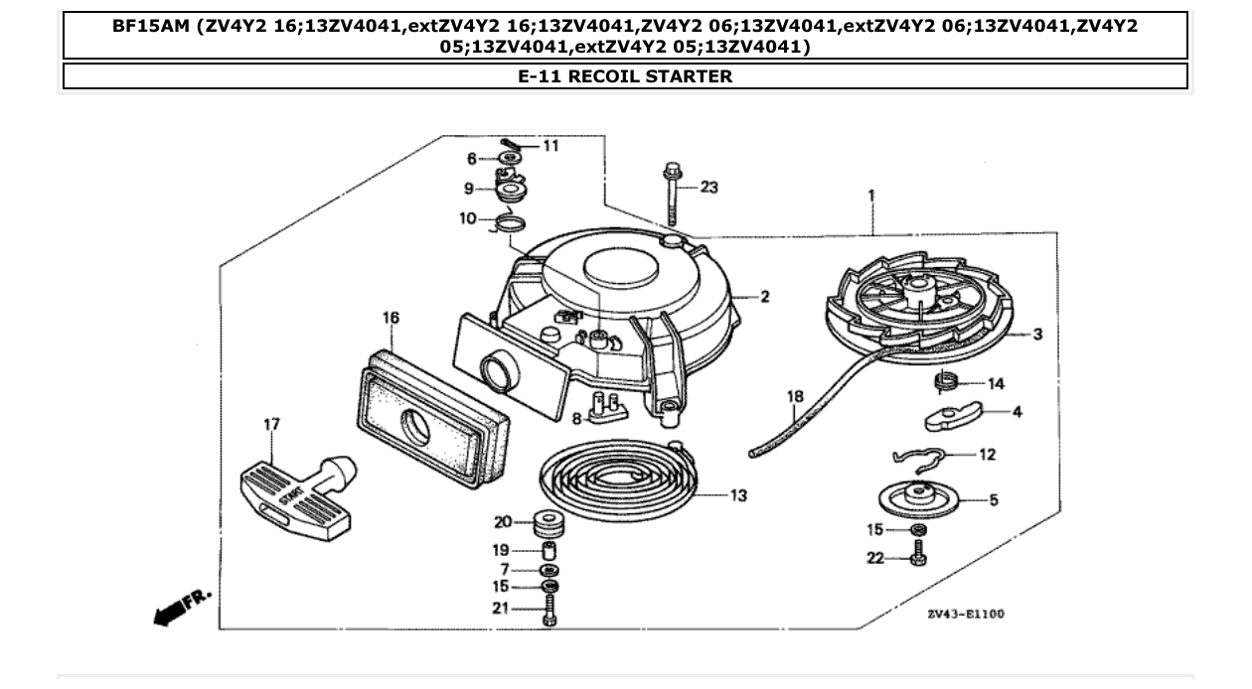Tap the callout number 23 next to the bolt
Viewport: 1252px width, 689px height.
pos(708,187)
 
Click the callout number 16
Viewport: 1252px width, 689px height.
pos(391,318)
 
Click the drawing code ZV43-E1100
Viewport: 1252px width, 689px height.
pos(965,615)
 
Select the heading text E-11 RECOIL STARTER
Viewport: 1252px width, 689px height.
pos(625,76)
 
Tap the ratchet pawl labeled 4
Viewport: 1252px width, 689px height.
pos(953,417)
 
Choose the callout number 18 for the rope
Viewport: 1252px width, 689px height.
pos(795,398)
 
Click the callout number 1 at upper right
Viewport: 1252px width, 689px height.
pos(871,196)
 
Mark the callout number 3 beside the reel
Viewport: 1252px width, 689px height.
pos(1037,335)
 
